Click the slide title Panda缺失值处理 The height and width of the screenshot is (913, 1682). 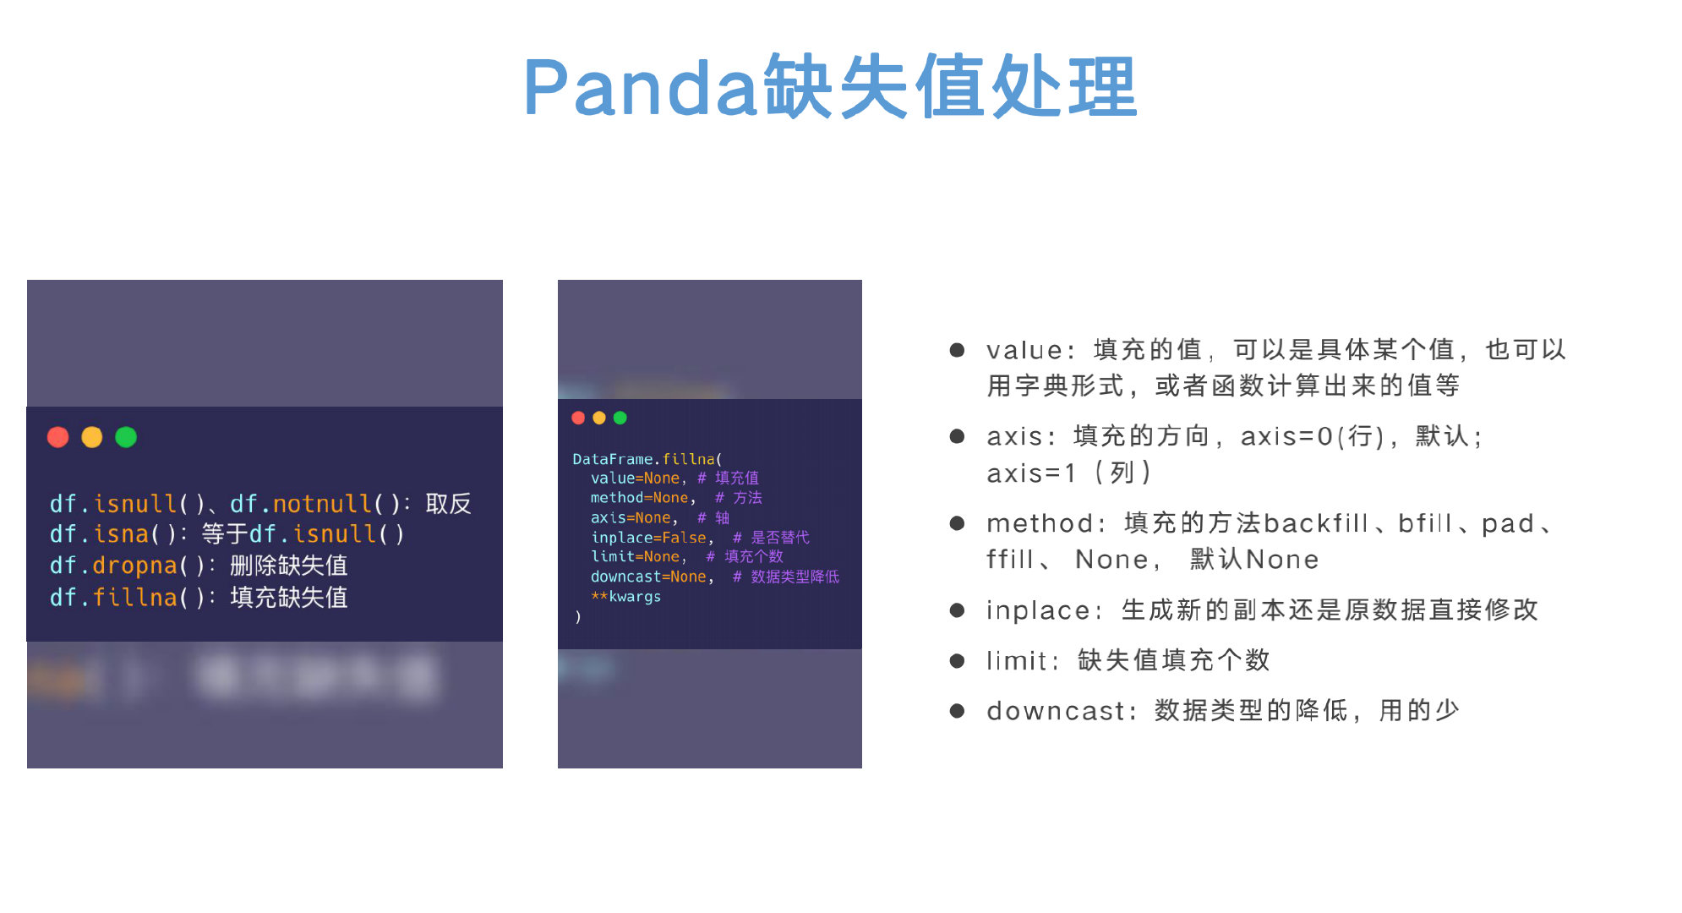pyautogui.click(x=831, y=87)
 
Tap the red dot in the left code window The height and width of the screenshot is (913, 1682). pyautogui.click(x=57, y=437)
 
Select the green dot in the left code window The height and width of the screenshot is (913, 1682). pyautogui.click(x=126, y=437)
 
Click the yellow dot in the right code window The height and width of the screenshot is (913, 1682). pyautogui.click(x=599, y=418)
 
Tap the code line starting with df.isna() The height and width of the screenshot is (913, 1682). pyautogui.click(x=227, y=534)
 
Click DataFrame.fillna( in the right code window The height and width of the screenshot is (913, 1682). pyautogui.click(x=647, y=459)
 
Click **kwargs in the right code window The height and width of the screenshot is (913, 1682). pyautogui.click(x=626, y=597)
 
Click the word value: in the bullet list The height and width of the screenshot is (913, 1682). pyautogui.click(x=1030, y=350)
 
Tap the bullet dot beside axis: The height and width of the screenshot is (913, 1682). pyautogui.click(x=957, y=436)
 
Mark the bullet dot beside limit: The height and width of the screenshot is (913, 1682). pyautogui.click(x=957, y=661)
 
